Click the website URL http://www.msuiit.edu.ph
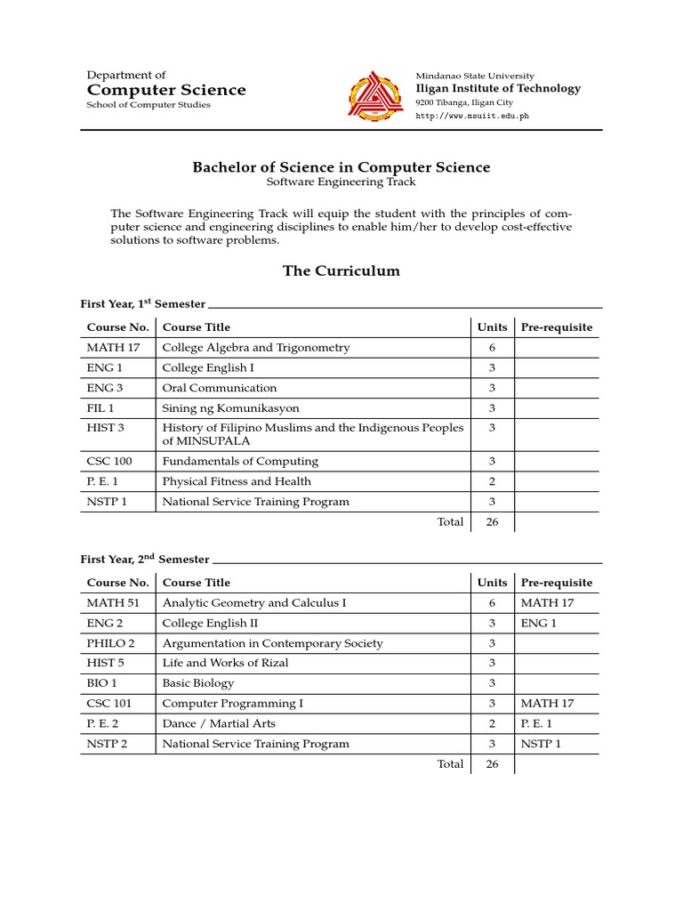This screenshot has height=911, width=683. coord(466,117)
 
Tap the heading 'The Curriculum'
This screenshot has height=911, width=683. coord(341,270)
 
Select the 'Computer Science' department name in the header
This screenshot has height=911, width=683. coord(166,90)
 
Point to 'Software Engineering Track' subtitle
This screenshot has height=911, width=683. coord(341,182)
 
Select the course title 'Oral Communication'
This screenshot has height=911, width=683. coord(220,388)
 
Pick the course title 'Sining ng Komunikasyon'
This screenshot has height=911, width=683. coord(230,408)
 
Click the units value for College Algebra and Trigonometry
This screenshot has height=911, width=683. coord(492,348)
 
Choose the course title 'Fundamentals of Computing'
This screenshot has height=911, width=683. coord(240,462)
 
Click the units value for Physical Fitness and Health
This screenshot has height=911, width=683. coord(492,481)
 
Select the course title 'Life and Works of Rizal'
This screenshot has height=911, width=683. coord(225,663)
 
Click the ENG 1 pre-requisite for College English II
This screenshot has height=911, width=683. coord(539,623)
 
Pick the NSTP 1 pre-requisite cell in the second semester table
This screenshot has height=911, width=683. coord(542,744)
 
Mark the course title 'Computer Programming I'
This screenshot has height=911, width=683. coord(232,704)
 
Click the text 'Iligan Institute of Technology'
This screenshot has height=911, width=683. coord(498,88)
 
